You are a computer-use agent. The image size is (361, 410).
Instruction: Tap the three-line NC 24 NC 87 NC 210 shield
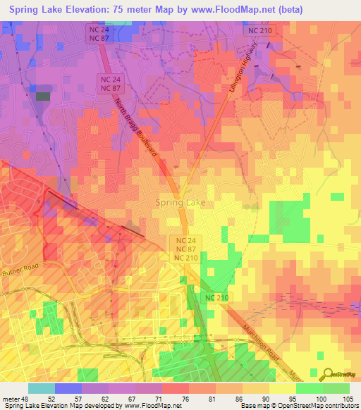point(185,249)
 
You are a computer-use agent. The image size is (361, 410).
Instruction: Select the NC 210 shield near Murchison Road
point(217,299)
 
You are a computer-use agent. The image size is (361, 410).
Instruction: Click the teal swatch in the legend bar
point(41,388)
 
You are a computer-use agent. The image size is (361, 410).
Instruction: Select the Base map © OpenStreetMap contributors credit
point(309,406)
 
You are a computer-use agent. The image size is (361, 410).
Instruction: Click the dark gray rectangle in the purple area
point(43,97)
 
